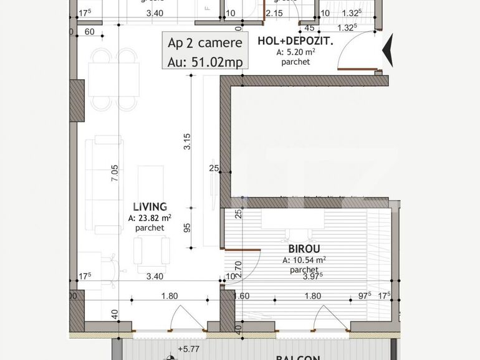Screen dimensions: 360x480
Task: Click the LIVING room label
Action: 150,207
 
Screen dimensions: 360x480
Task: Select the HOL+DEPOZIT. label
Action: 295,42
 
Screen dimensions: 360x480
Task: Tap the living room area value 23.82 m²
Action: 150,218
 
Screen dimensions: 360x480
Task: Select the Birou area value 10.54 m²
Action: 304,260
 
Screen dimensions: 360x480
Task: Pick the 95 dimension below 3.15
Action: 186,228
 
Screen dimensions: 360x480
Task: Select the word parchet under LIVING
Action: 150,228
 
